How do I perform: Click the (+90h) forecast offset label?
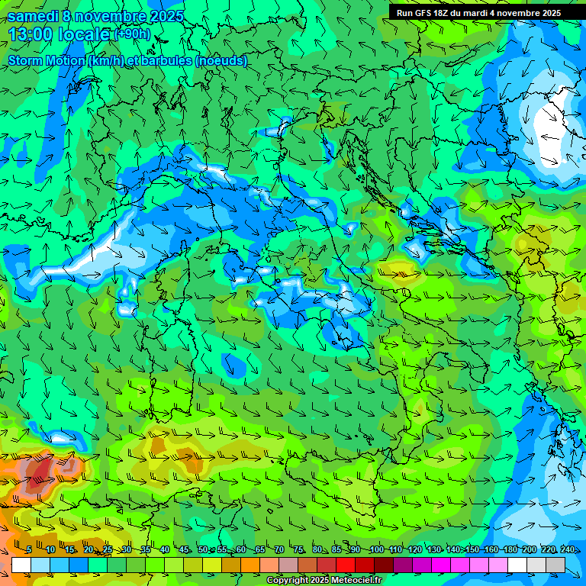pos(133,34)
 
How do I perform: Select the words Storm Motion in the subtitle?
pos(46,60)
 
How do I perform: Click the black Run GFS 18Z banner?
pos(478,13)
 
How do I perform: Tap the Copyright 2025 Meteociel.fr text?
pos(324,581)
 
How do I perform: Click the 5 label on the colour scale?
pos(29,550)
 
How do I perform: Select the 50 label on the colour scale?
pos(202,550)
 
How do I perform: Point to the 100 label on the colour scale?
pos(376,550)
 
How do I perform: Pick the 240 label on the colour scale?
pos(567,550)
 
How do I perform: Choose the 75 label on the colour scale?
pos(298,550)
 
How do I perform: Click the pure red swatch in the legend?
pos(346,565)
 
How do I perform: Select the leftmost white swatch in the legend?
pos(21,565)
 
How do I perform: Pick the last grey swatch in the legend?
pos(555,565)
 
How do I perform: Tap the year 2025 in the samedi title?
pos(166,16)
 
